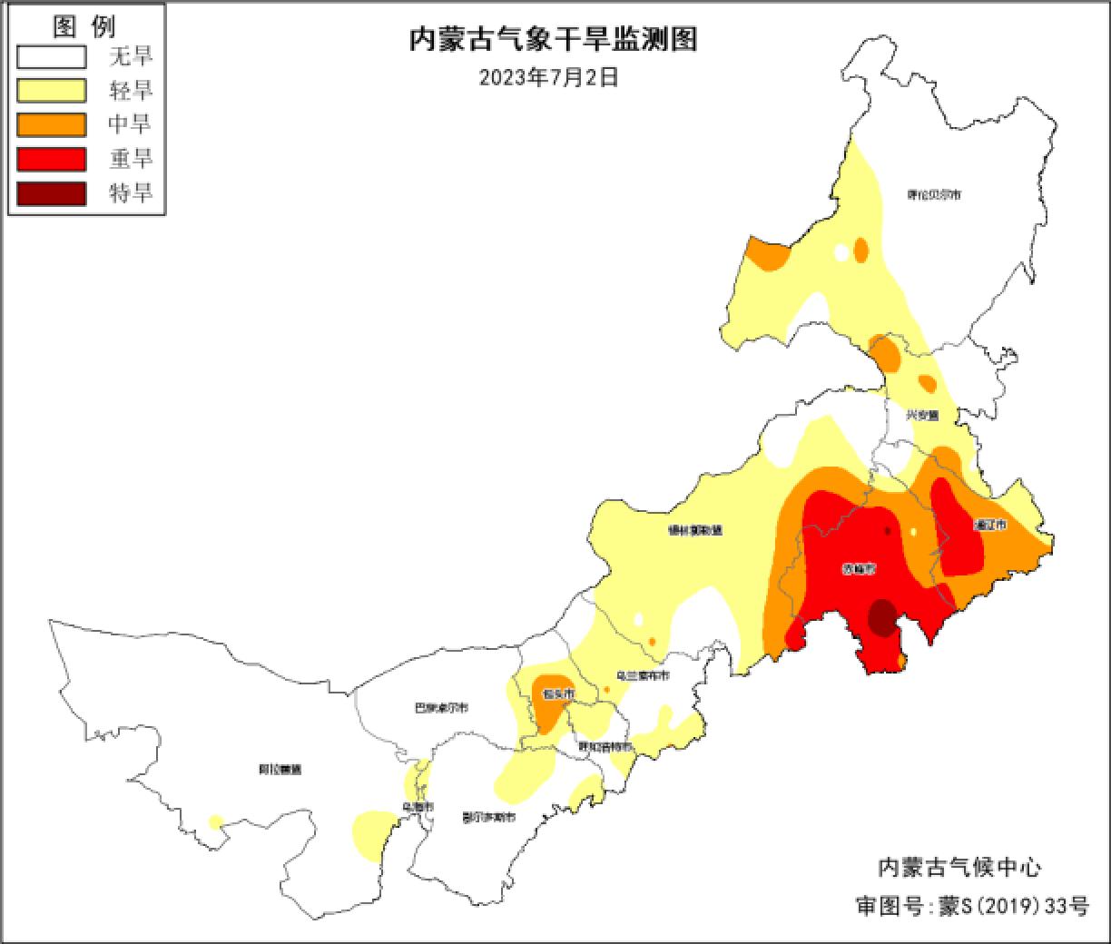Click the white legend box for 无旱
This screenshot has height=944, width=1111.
(x=52, y=57)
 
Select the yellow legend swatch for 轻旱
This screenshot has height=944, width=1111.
(x=52, y=91)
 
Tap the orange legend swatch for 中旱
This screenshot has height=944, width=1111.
(x=52, y=124)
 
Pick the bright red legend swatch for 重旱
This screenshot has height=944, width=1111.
(x=52, y=159)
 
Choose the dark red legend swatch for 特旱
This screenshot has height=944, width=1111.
(x=52, y=193)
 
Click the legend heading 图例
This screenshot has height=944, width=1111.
(x=84, y=26)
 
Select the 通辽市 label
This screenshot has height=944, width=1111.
(x=988, y=526)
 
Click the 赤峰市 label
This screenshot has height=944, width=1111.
(x=858, y=570)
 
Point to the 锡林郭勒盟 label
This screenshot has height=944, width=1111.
(x=694, y=530)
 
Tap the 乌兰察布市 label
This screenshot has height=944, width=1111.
(x=642, y=676)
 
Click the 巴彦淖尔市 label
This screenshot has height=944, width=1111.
(x=440, y=707)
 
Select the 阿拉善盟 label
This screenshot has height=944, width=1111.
(x=280, y=770)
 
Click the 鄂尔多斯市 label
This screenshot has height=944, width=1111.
(x=488, y=817)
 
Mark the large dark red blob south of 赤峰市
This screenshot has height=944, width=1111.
(x=880, y=617)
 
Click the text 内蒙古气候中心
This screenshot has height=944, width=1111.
(x=959, y=867)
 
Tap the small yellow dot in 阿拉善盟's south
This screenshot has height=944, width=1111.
(x=215, y=822)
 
